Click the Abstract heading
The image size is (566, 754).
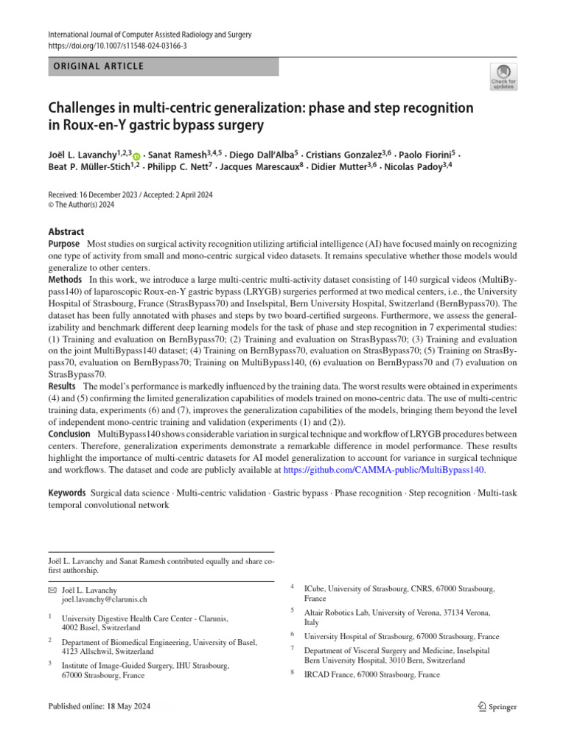[x=66, y=231]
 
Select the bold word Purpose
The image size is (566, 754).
[x=64, y=244]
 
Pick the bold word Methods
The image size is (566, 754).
[x=65, y=280]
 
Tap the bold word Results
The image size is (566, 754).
[x=63, y=386]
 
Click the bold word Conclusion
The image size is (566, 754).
[x=70, y=434]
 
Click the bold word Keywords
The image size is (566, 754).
[x=66, y=491]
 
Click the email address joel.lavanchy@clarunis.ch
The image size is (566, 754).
[x=104, y=600]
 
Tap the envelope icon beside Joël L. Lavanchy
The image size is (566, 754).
[x=51, y=590]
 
